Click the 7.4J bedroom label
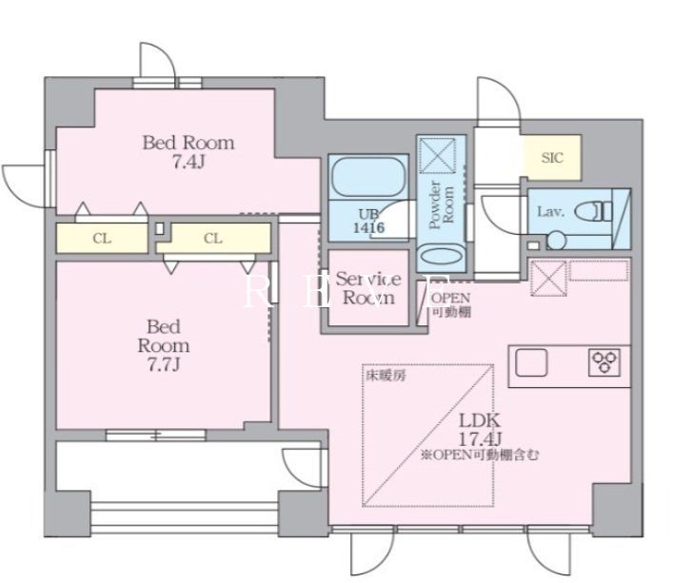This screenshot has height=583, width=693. (188, 152)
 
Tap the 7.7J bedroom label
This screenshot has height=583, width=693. (163, 344)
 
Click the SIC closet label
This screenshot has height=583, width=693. (552, 158)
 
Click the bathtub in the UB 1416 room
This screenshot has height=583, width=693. (368, 179)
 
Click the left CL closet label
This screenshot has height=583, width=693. (102, 239)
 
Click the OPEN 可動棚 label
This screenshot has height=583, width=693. (451, 302)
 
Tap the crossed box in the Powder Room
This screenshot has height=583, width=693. (439, 156)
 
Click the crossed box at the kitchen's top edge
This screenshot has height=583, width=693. (548, 279)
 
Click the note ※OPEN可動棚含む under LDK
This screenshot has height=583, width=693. (481, 456)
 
